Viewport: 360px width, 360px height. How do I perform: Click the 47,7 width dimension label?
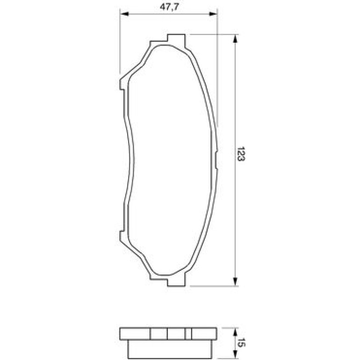click(169, 7)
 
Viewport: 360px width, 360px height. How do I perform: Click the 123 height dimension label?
click(241, 154)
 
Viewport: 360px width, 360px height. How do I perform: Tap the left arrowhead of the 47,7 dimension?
click(124, 14)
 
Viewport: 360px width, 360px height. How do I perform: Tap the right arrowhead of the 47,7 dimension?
click(213, 14)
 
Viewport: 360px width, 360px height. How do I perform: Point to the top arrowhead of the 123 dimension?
click(235, 38)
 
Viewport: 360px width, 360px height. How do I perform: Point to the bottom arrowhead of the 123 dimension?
click(235, 282)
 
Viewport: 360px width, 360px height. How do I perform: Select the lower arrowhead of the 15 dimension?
click(235, 355)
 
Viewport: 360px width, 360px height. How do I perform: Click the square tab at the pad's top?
click(176, 39)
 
